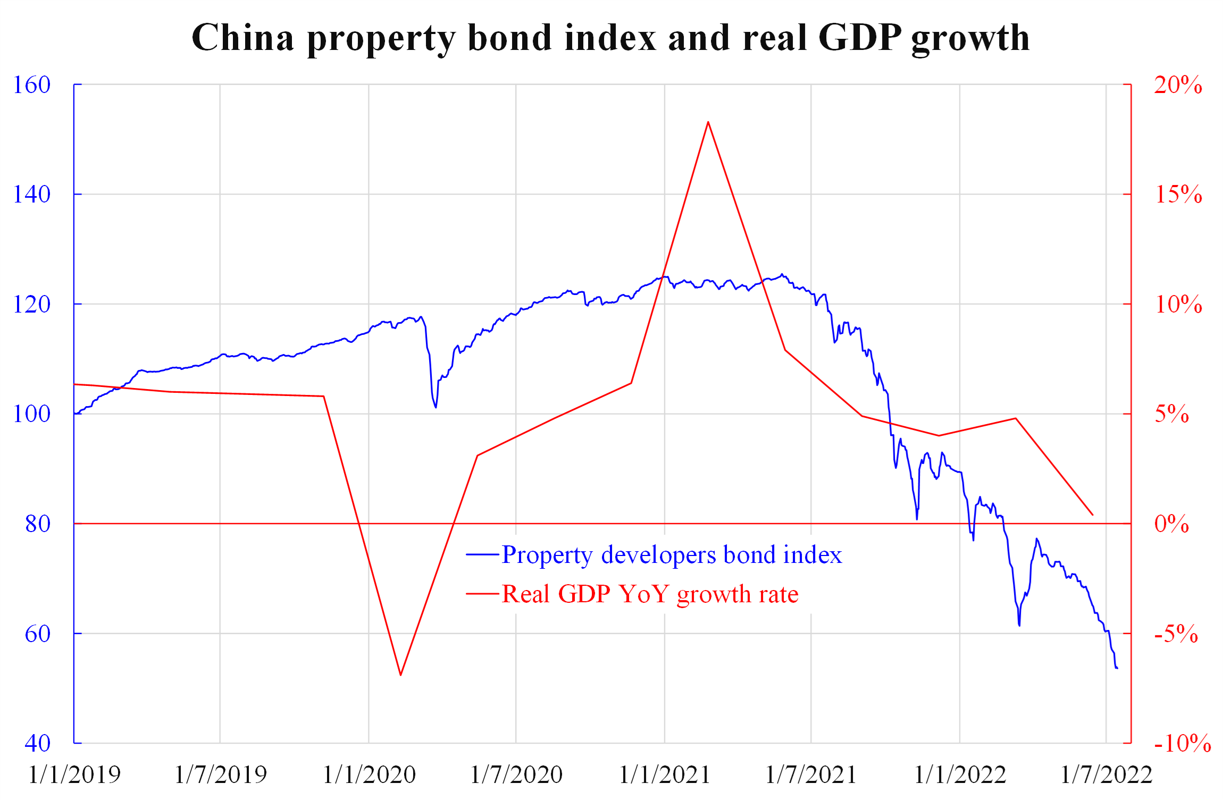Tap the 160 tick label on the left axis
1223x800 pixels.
(x=32, y=85)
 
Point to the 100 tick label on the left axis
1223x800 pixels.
(x=32, y=414)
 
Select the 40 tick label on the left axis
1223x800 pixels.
(x=37, y=743)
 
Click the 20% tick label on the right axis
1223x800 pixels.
(x=1178, y=85)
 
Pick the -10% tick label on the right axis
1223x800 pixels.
(x=1182, y=743)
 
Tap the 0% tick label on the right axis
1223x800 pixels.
(x=1171, y=524)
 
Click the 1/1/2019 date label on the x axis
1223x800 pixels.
(x=74, y=774)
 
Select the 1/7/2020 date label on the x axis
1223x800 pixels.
(x=516, y=774)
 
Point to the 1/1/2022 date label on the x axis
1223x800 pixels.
(x=960, y=774)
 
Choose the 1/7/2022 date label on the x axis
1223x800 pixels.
(x=1106, y=774)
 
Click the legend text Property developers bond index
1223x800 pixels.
(x=672, y=555)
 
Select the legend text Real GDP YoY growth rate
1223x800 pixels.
(x=650, y=594)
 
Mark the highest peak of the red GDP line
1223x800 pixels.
(x=708, y=122)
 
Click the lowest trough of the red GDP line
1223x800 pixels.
(x=401, y=675)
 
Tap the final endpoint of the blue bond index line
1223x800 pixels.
(x=1117, y=668)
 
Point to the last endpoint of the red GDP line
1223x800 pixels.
(x=1093, y=515)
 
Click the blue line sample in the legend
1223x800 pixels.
(x=482, y=555)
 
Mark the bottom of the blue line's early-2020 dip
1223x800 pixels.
(x=436, y=407)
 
